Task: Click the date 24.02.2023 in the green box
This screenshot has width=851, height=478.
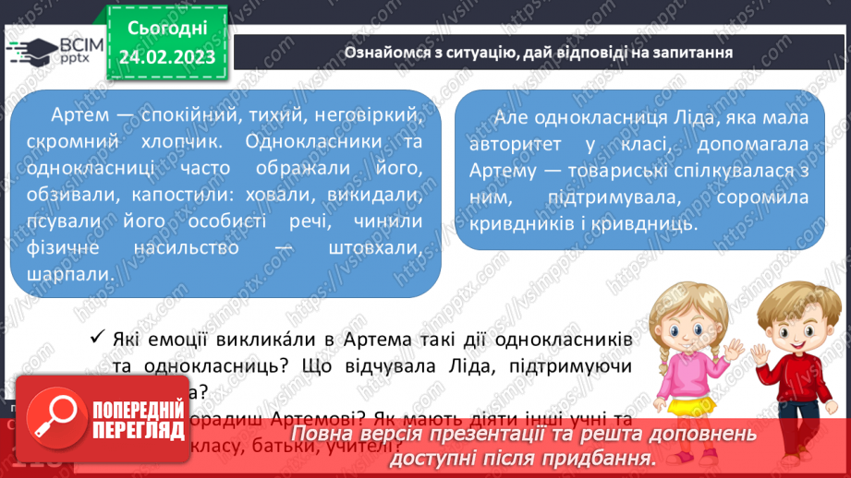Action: point(167,56)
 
